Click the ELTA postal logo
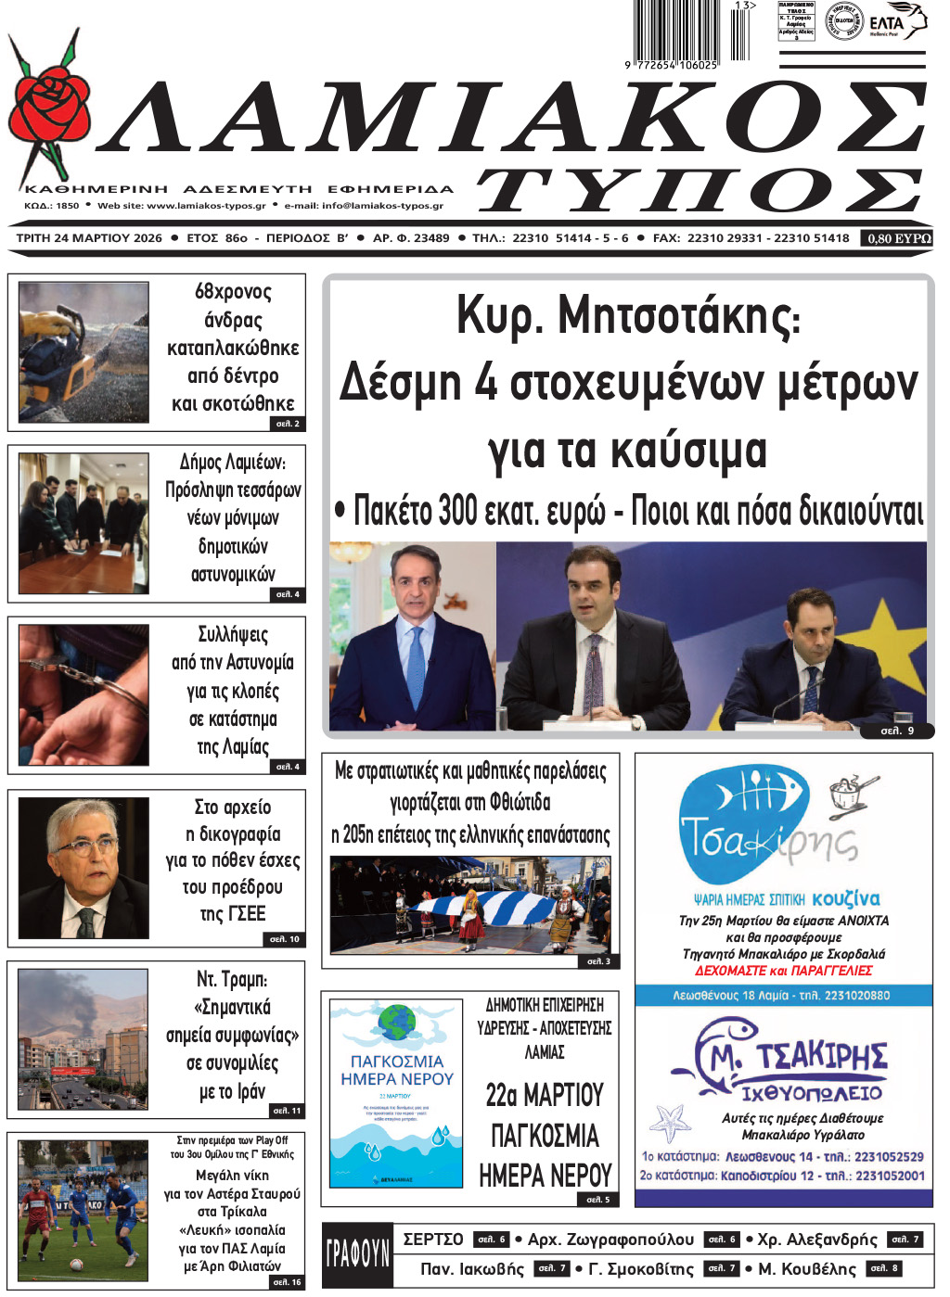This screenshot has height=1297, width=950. tap(896, 21)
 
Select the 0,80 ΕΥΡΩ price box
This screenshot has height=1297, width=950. tap(898, 238)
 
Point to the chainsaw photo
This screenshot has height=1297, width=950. tap(83, 353)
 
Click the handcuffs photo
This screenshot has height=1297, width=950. tap(83, 695)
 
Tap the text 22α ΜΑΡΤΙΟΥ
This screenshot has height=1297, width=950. tap(545, 1095)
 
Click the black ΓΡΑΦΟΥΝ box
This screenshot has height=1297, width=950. tap(357, 1254)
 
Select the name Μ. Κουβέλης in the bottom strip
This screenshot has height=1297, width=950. tap(807, 1269)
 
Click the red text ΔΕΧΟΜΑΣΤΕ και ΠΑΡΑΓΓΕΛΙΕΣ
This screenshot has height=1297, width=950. tap(783, 971)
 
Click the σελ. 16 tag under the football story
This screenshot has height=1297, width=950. tap(287, 1282)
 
